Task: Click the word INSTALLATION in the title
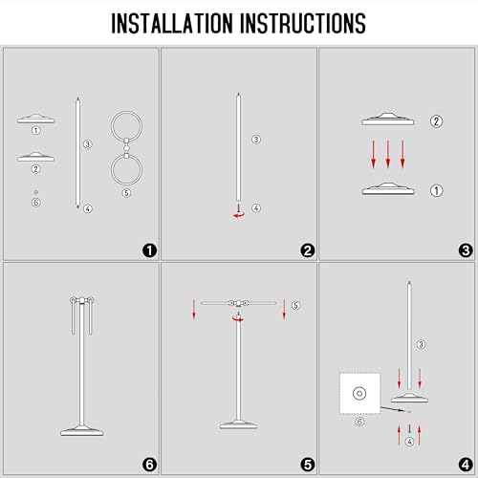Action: click(x=172, y=23)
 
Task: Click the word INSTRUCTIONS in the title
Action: click(x=303, y=23)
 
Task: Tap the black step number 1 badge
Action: click(x=149, y=250)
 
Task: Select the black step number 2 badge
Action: click(x=308, y=250)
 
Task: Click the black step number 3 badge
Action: click(x=466, y=250)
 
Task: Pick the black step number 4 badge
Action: click(x=466, y=465)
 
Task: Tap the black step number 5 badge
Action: click(x=308, y=465)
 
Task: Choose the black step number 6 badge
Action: click(x=149, y=465)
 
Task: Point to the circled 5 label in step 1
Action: click(x=126, y=193)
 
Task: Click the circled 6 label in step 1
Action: click(x=36, y=203)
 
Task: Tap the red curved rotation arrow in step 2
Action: click(x=239, y=215)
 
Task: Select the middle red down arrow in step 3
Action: click(x=388, y=154)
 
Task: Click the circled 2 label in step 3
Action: click(x=436, y=121)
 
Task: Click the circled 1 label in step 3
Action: click(x=436, y=191)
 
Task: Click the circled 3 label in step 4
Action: click(x=421, y=344)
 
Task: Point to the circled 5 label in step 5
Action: click(x=295, y=305)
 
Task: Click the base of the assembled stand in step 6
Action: click(x=82, y=431)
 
